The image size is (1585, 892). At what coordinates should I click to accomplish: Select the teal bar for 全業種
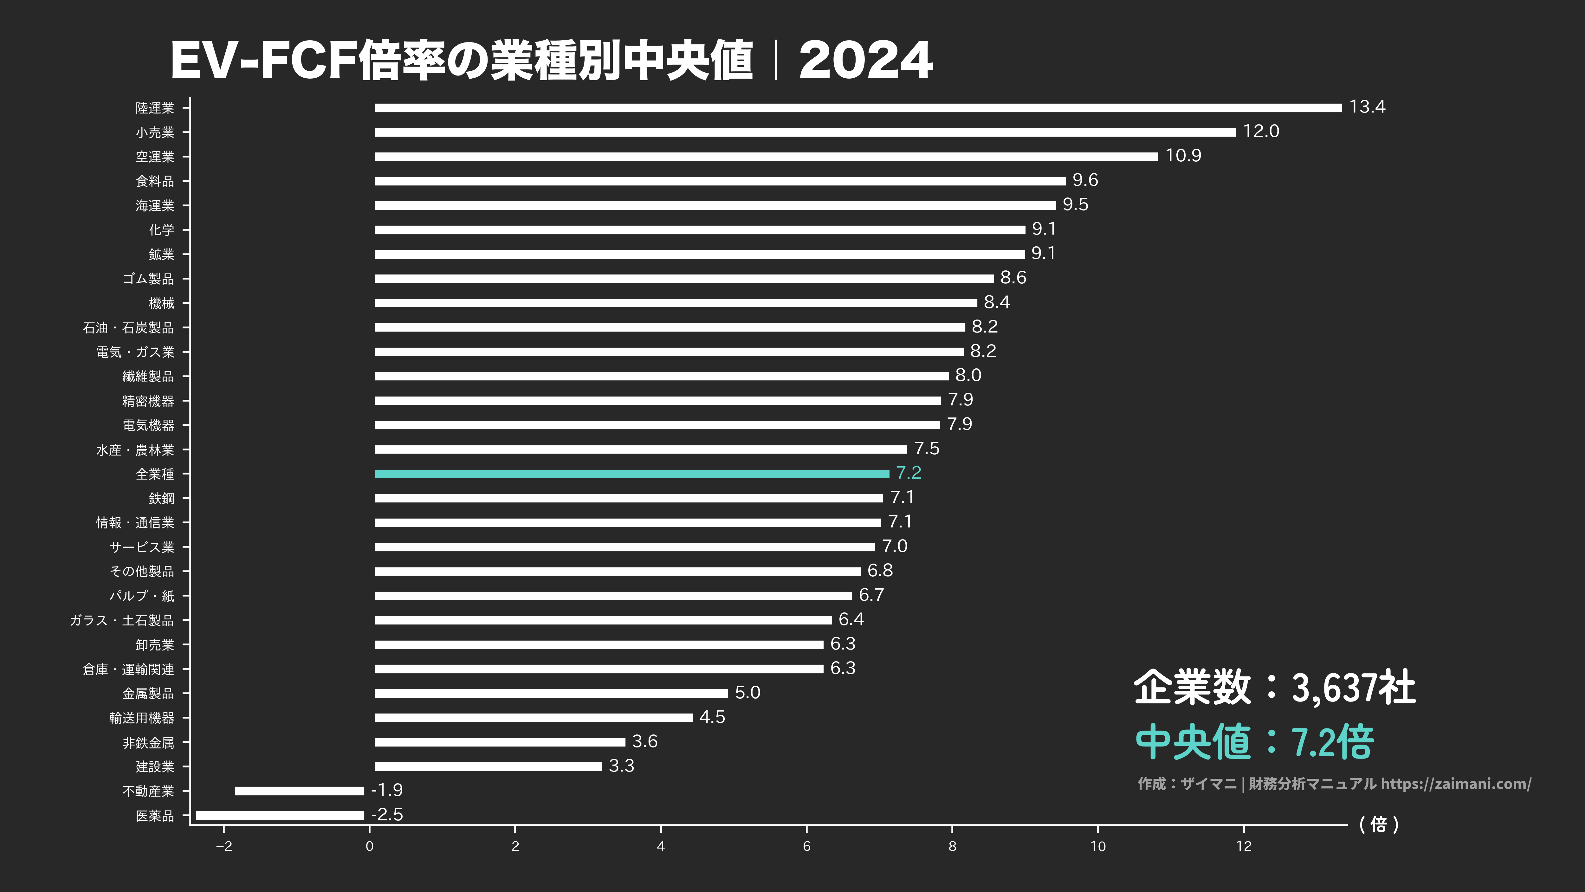632,474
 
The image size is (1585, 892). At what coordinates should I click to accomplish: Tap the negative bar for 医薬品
280,816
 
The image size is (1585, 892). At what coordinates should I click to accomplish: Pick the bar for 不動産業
300,791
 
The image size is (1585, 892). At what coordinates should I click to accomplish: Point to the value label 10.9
1183,156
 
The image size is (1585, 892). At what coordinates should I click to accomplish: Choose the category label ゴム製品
148,279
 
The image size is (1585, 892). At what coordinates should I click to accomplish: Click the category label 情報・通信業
135,523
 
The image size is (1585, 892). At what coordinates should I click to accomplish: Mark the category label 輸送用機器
142,718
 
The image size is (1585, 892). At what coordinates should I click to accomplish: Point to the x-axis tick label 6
807,846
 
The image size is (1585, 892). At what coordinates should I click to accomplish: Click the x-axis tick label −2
224,846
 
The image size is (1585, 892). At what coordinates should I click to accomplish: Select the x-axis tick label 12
1244,846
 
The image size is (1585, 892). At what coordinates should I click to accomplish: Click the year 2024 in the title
866,60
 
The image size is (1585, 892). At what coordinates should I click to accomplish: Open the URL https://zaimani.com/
1456,784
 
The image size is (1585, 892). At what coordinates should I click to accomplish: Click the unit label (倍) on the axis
1379,824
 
